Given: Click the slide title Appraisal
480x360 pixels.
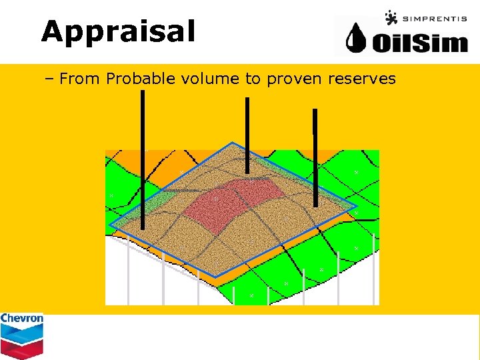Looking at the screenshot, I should pos(118,31).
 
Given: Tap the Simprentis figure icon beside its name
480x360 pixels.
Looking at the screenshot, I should pos(391,17).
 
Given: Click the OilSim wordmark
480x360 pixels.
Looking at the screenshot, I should pos(419,43).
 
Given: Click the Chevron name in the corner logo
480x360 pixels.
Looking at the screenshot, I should pos(21,319).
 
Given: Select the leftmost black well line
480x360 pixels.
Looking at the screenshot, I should pos(142,160).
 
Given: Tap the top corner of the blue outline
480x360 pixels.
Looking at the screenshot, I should pos(231,143).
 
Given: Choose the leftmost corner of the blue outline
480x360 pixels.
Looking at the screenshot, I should pos(110,227).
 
